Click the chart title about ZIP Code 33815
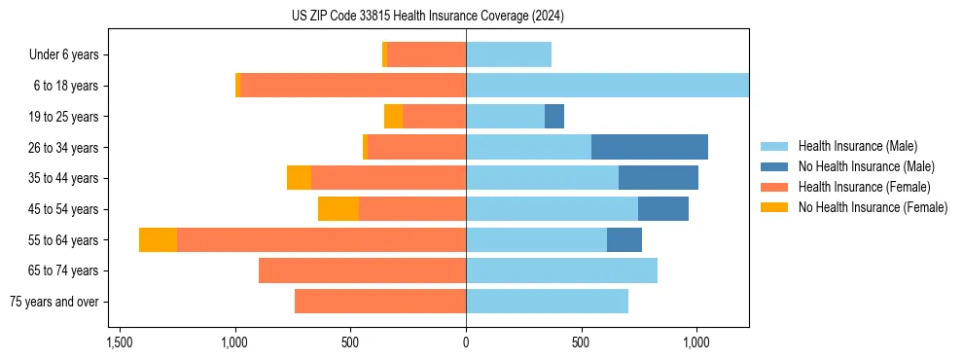pos(427,16)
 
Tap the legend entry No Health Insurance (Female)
pos(873,207)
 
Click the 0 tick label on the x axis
pos(466,343)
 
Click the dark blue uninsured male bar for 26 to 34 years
pos(649,147)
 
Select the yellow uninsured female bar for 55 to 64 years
pos(158,239)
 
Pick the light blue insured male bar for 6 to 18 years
pos(607,86)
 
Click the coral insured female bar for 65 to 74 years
pos(362,270)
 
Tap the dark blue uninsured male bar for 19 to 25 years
pos(554,117)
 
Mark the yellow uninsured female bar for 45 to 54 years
pos(339,209)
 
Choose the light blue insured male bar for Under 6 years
pos(509,54)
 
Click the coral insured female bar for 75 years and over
pos(380,302)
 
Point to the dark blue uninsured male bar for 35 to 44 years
pos(659,178)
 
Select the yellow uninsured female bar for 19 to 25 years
pos(393,117)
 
